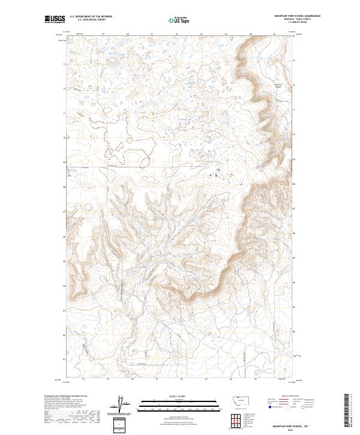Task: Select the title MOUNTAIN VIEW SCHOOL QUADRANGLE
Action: click(298, 16)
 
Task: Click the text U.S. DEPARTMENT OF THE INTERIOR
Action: click(91, 17)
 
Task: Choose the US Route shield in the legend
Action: click(292, 407)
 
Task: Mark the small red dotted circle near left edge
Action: click(88, 208)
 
